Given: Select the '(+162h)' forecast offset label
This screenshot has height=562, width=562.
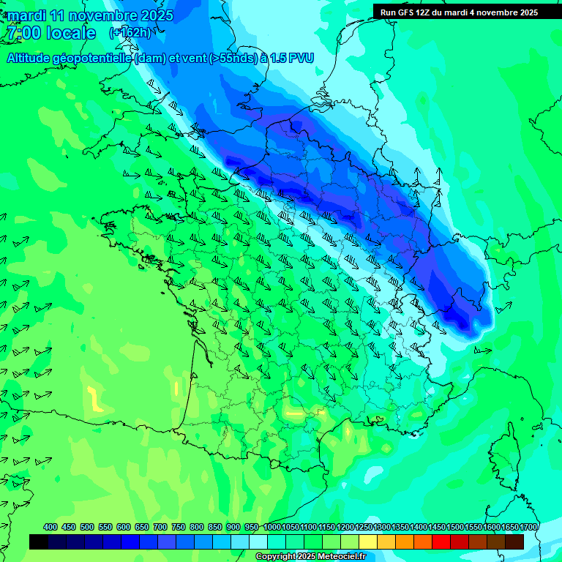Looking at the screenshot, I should pos(131,33).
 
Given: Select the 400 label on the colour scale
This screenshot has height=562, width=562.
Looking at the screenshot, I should pos(50,527).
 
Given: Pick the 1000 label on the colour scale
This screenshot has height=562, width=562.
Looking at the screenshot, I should pos(271,527).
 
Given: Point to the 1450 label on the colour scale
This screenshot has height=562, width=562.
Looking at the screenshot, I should pos(437,527).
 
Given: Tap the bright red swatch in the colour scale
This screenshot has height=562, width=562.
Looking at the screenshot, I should pos(442,542).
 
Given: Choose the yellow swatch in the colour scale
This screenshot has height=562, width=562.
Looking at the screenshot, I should pos(368,542).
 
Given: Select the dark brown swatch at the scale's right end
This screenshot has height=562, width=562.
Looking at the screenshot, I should pos(515,542).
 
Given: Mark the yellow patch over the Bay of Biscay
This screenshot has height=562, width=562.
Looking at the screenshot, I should pos(95,400).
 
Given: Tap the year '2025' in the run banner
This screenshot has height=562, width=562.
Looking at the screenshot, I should pos(527,12).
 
